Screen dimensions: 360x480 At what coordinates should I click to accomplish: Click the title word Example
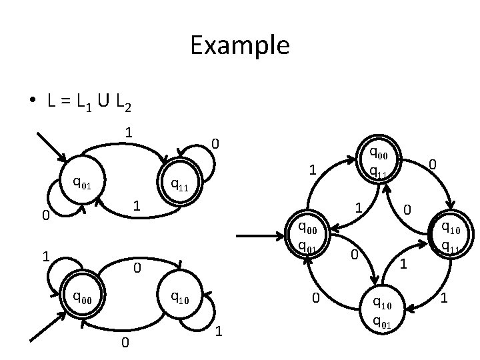[x=239, y=46]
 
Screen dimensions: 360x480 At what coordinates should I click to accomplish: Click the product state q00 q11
[x=378, y=163]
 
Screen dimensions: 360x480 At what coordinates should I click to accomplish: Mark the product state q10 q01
[x=383, y=312]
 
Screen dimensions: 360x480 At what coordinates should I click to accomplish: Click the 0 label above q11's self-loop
[x=215, y=144]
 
